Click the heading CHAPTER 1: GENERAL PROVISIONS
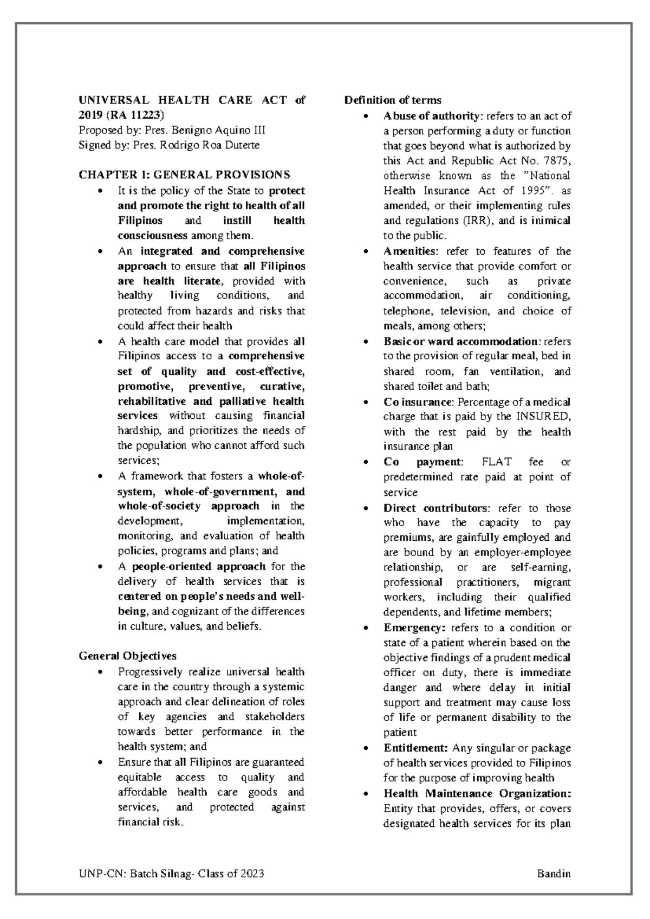point(184,175)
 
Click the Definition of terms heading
point(393,100)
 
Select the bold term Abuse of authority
point(431,116)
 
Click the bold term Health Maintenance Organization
point(477,794)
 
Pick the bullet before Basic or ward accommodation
point(368,342)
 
